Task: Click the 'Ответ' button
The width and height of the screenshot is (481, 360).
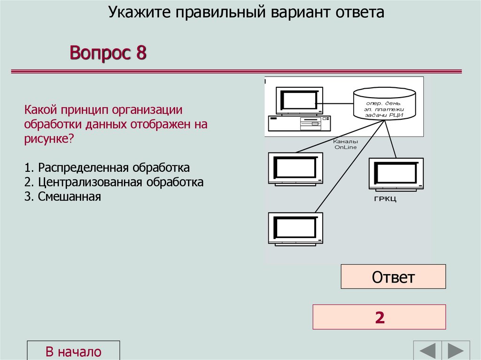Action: point(393,276)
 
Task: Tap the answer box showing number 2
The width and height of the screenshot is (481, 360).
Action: point(379,317)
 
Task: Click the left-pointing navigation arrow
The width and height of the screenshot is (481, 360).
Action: point(427,351)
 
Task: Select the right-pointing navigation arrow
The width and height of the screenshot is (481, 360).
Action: point(455,351)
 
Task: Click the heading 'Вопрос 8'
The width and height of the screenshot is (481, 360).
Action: point(108,53)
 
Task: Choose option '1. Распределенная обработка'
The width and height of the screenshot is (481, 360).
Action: point(107,168)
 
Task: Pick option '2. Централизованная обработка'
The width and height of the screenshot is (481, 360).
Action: point(114,182)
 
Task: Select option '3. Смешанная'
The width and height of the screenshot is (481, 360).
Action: point(63,196)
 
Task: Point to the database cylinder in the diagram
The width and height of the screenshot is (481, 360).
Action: point(384,104)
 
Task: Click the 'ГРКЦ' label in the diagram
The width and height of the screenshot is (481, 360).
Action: point(385,200)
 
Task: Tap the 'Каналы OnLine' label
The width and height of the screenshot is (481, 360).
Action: point(345,144)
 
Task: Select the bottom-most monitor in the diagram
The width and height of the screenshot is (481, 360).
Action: point(295,228)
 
